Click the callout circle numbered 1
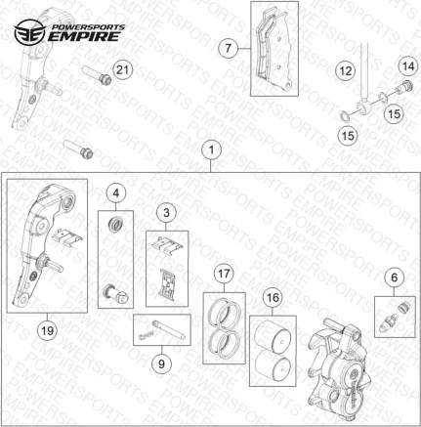coord(211,150)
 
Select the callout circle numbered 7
coord(228,49)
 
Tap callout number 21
coord(122,69)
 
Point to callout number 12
coord(346,70)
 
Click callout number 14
coord(408,66)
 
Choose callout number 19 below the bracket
coord(47,330)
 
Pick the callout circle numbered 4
coord(116,193)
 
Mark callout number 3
coord(166,213)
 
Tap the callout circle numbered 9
coord(161,363)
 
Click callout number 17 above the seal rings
coord(224,274)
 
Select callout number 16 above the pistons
coord(273,297)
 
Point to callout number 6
coord(395,278)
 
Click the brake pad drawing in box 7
coord(274,51)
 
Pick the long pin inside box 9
coord(169,329)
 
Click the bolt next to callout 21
coord(97,74)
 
